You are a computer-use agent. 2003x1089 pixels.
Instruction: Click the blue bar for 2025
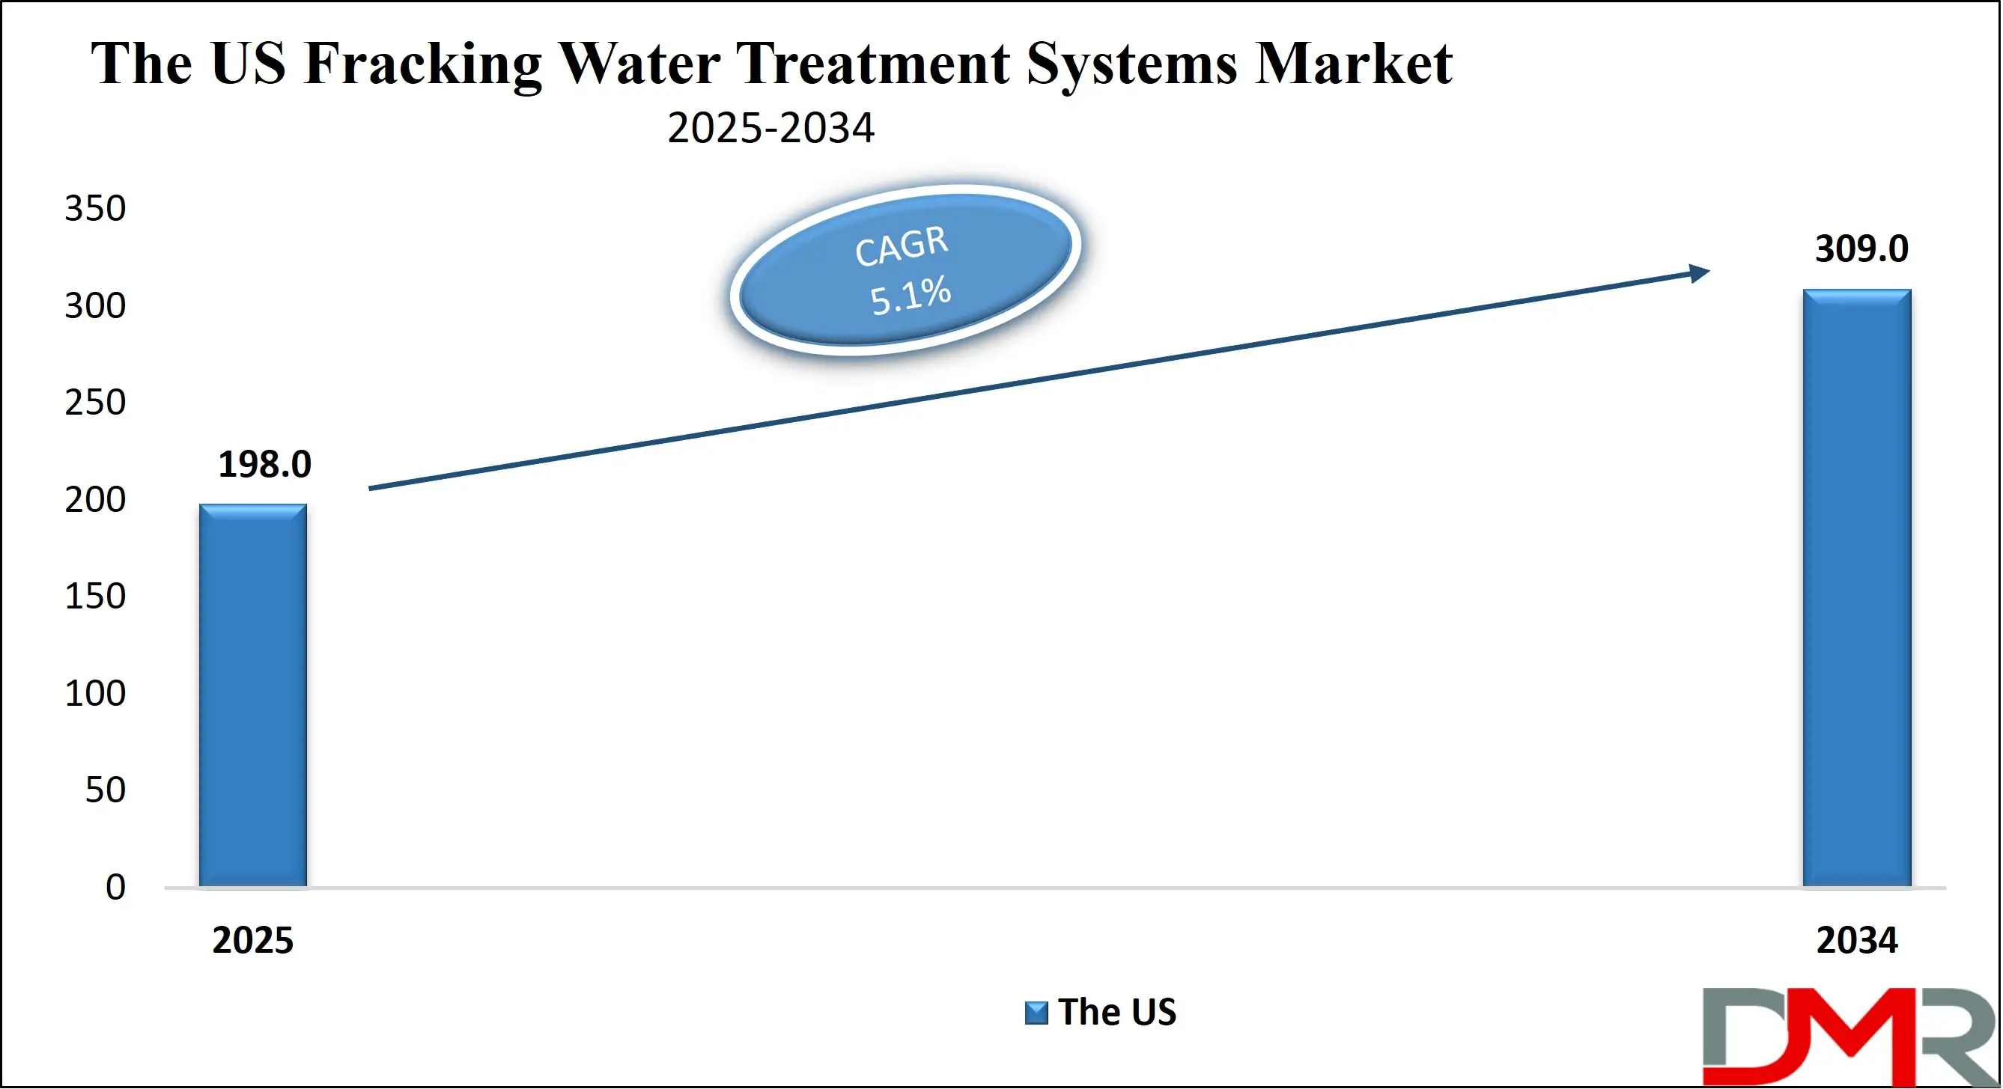pyautogui.click(x=252, y=695)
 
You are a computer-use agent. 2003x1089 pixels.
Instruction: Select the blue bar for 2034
pyautogui.click(x=1856, y=588)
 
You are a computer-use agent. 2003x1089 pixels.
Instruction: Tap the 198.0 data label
pyautogui.click(x=264, y=465)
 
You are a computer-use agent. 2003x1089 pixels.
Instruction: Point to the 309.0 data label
pyautogui.click(x=1861, y=248)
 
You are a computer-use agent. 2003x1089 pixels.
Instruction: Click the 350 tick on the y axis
pyautogui.click(x=95, y=208)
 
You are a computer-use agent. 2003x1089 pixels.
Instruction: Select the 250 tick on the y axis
pyautogui.click(x=95, y=403)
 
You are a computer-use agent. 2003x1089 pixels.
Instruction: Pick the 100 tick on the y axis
pyautogui.click(x=95, y=693)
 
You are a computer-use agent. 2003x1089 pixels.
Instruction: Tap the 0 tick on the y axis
pyautogui.click(x=115, y=887)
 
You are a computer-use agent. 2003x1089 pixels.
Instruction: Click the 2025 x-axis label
pyautogui.click(x=252, y=941)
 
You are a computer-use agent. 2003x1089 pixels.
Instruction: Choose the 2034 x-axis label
pyautogui.click(x=1856, y=941)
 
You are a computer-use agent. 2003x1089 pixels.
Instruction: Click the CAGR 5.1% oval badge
pyautogui.click(x=905, y=270)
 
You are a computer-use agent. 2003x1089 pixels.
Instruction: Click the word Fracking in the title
pyautogui.click(x=423, y=64)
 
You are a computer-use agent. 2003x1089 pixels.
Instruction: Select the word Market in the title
pyautogui.click(x=1352, y=64)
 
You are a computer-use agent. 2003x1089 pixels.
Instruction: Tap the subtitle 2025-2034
pyautogui.click(x=770, y=128)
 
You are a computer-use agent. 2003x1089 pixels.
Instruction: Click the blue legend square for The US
pyautogui.click(x=1036, y=1013)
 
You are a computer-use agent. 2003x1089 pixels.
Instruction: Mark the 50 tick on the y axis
pyautogui.click(x=105, y=790)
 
